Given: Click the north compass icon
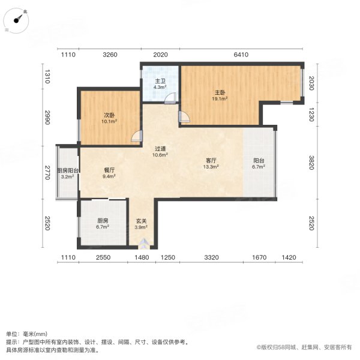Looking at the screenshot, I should click(x=20, y=18).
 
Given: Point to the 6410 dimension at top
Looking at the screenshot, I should click(x=241, y=55).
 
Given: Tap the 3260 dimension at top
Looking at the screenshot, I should click(x=110, y=55).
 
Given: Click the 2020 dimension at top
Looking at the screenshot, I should click(x=160, y=55).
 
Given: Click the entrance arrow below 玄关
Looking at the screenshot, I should click(x=143, y=244).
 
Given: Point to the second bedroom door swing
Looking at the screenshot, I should click(x=137, y=136).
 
